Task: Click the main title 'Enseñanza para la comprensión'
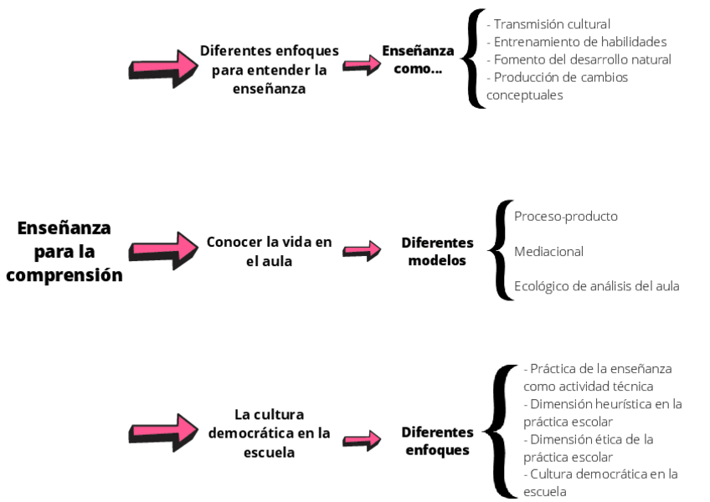64,251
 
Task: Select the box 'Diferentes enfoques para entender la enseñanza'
269,69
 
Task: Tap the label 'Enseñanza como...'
418,59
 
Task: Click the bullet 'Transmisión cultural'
549,24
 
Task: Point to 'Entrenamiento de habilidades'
577,42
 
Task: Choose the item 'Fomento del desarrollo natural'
579,59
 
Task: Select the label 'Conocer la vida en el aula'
269,251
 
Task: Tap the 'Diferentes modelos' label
437,251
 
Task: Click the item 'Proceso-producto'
566,216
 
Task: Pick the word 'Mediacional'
548,251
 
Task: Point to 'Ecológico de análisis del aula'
596,286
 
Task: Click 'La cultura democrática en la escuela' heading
269,433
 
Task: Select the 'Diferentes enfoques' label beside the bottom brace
437,441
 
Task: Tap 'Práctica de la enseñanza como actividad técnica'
597,376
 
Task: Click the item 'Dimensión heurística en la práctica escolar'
601,412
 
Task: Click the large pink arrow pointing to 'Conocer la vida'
160,250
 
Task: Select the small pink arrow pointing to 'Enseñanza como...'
362,65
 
